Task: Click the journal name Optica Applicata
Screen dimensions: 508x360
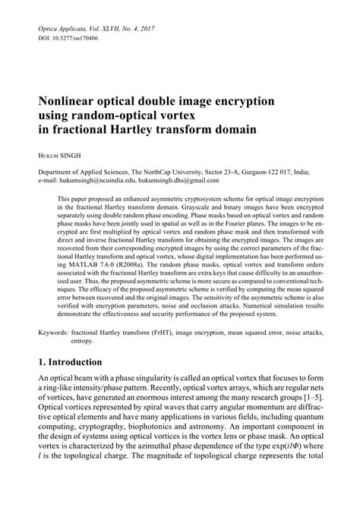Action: (x=65, y=27)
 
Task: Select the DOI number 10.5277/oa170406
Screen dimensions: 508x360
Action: (x=78, y=37)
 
